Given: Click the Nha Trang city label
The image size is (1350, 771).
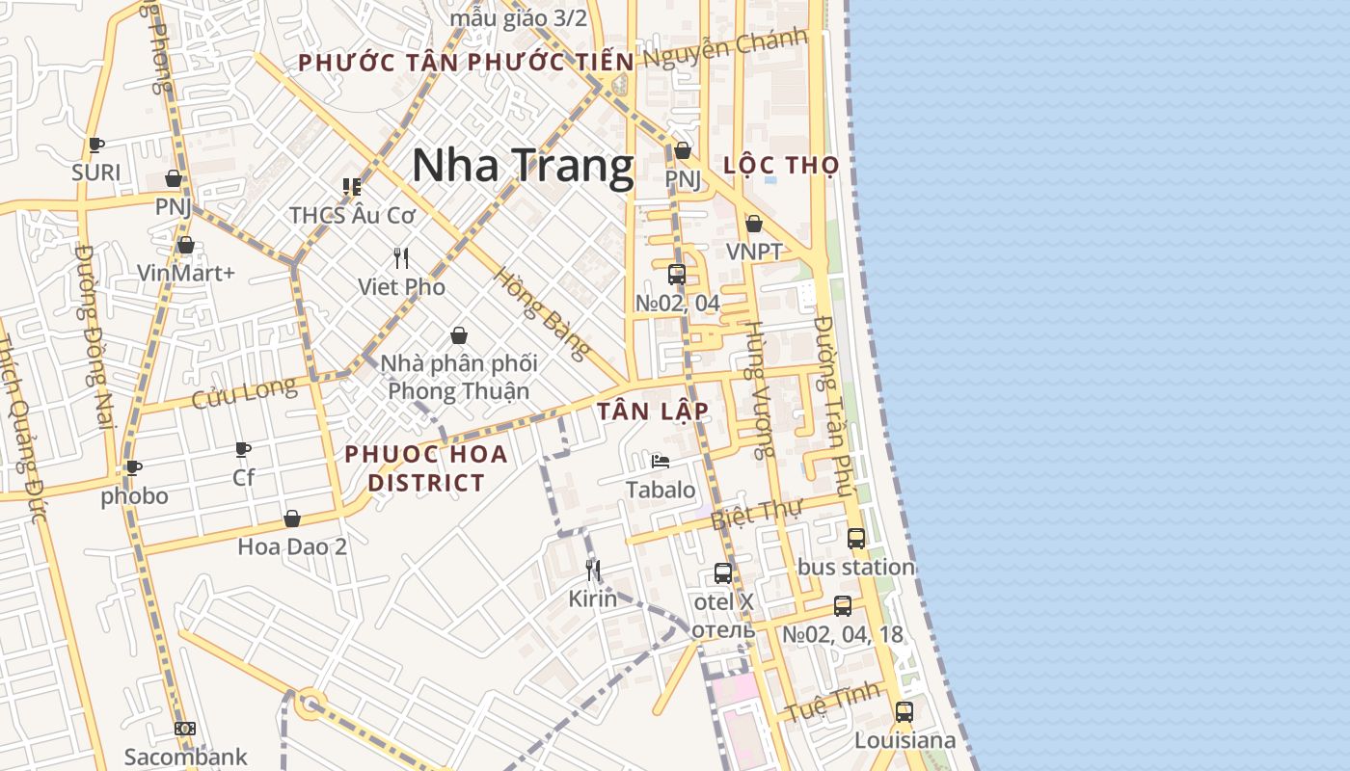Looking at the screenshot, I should [523, 166].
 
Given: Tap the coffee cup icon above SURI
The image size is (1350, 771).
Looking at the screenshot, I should [95, 146].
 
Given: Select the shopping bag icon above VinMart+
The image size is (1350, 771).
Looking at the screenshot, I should [186, 246].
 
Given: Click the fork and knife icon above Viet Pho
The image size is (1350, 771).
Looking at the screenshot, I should [401, 258].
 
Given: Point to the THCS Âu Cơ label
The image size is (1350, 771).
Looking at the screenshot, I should [352, 215].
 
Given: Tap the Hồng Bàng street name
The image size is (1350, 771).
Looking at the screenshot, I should [541, 313].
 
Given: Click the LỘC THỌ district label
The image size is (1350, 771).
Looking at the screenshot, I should [781, 165].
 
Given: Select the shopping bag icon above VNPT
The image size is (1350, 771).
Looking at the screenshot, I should [754, 224].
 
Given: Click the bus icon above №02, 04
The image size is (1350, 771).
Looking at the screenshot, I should [677, 275].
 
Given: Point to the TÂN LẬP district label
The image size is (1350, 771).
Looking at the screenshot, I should [653, 411].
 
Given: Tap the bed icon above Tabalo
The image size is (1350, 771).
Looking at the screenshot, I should [661, 462].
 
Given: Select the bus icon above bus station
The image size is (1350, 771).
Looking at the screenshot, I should [856, 539].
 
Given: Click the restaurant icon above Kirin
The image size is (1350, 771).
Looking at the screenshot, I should [593, 571].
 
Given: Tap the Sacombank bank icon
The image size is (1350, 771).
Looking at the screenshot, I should [185, 730].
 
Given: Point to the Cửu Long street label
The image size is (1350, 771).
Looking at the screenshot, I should [244, 392].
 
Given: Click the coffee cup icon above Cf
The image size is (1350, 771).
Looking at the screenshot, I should [243, 449].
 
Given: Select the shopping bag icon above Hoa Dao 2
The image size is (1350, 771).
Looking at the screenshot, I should [292, 519].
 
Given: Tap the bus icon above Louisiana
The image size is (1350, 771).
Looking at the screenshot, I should [904, 712].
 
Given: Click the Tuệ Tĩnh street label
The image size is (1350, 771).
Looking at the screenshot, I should [832, 702].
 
